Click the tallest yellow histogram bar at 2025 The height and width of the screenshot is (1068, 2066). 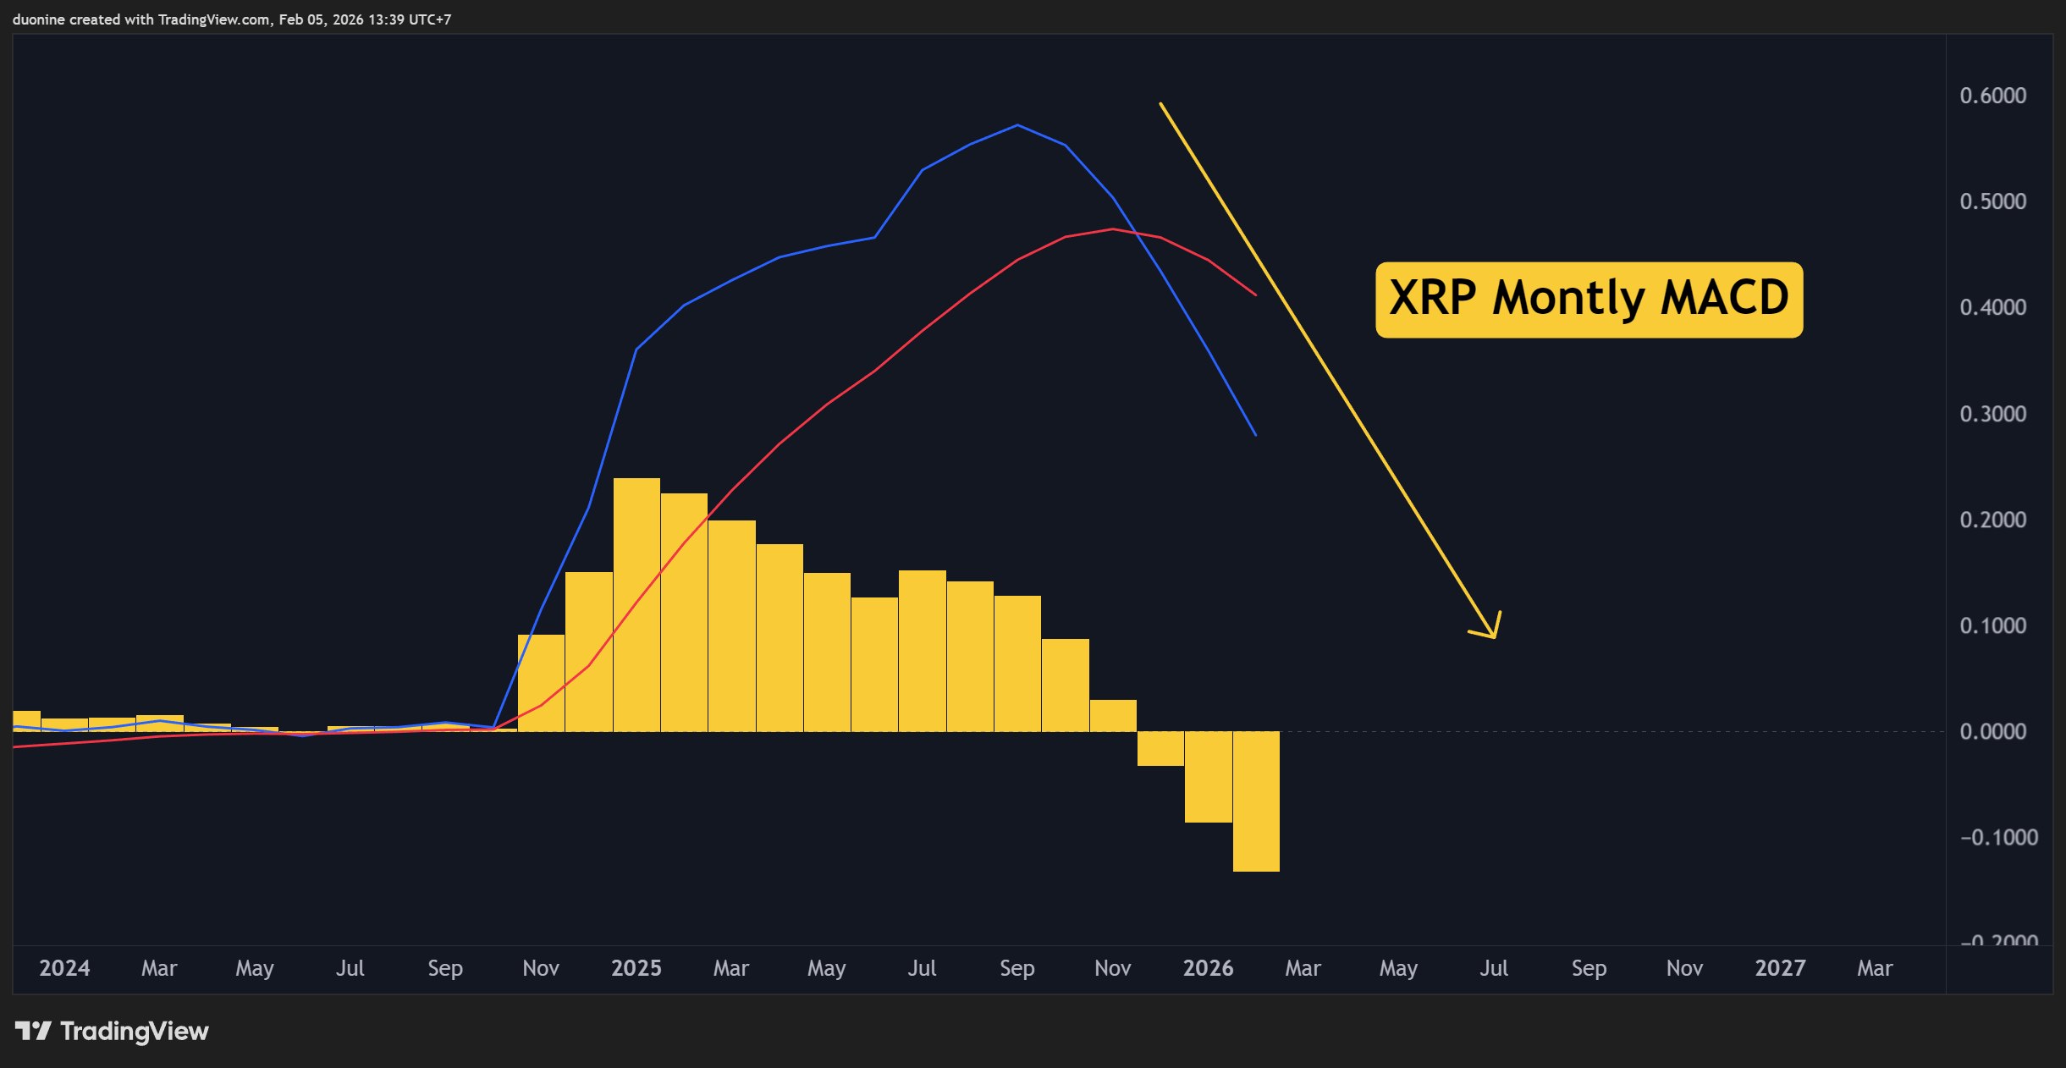click(636, 604)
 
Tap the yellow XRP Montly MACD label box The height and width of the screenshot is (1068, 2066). click(1589, 300)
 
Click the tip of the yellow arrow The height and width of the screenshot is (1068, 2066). click(1495, 636)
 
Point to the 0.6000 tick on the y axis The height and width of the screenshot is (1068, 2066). click(1992, 96)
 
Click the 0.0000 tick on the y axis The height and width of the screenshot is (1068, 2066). click(1992, 731)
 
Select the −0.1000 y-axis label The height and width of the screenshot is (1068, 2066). click(1997, 837)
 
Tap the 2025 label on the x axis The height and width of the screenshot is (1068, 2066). click(636, 968)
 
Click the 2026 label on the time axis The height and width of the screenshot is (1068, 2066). click(1208, 968)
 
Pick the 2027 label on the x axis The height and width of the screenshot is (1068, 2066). click(1780, 968)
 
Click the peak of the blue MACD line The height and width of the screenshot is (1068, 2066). click(1017, 125)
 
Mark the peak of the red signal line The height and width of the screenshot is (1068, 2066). click(1112, 229)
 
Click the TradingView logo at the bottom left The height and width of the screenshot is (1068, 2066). click(112, 1031)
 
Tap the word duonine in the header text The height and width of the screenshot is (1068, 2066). click(38, 19)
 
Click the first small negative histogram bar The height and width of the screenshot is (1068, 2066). click(1160, 748)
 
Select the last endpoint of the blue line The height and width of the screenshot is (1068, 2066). click(1255, 435)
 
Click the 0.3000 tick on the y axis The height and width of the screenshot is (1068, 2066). click(1992, 414)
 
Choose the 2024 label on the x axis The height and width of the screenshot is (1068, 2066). click(64, 968)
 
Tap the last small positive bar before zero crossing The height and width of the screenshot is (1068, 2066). click(1113, 716)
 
